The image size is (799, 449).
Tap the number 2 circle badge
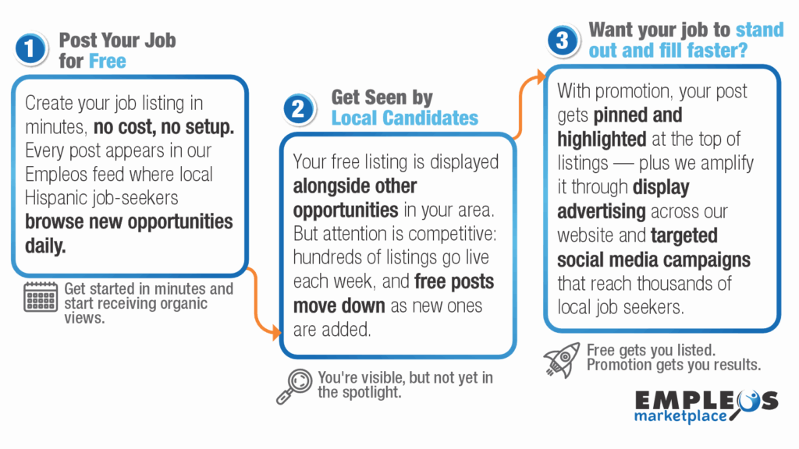[297, 109]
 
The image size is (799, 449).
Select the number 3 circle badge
[561, 41]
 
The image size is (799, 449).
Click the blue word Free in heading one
[107, 61]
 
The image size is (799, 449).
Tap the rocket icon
[562, 359]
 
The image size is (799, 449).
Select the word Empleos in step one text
[57, 174]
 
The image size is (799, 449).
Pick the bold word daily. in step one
[46, 245]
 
